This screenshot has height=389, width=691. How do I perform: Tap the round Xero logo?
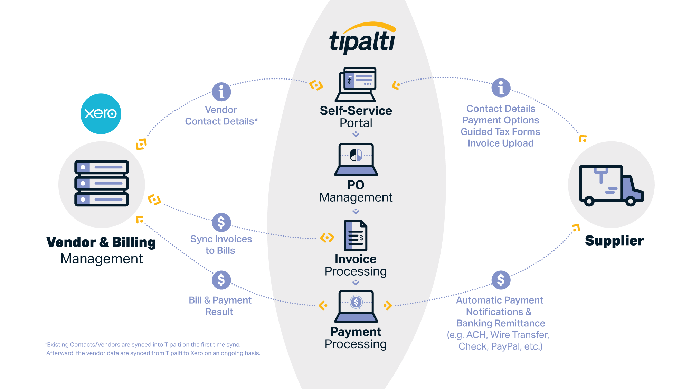[x=101, y=114]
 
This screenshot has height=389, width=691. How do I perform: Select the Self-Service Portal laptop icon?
[x=356, y=84]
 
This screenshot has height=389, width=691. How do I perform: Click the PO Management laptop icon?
[x=356, y=159]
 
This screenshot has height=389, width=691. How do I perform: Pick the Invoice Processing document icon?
[x=356, y=235]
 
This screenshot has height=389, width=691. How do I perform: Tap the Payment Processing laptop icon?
[x=356, y=306]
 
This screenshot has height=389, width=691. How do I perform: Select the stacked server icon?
[x=102, y=183]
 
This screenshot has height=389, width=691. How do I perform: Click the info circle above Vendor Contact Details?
[x=221, y=92]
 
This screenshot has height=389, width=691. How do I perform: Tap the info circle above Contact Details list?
[x=501, y=87]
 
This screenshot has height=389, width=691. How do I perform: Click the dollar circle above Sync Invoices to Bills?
[x=221, y=222]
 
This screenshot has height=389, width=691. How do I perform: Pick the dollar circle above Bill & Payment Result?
[x=221, y=280]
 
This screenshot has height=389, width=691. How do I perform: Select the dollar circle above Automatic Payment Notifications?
[x=501, y=280]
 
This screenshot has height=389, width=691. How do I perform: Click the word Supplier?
[x=614, y=241]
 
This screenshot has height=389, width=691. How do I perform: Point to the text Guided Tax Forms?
[x=500, y=132]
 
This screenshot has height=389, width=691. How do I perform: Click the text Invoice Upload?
[x=501, y=143]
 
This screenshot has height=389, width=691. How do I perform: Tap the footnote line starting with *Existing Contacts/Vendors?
[x=143, y=345]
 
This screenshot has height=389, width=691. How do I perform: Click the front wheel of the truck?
[x=631, y=201]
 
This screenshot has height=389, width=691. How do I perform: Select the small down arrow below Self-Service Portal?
[x=356, y=134]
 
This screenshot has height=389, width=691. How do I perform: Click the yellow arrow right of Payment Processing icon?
[x=388, y=305]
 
